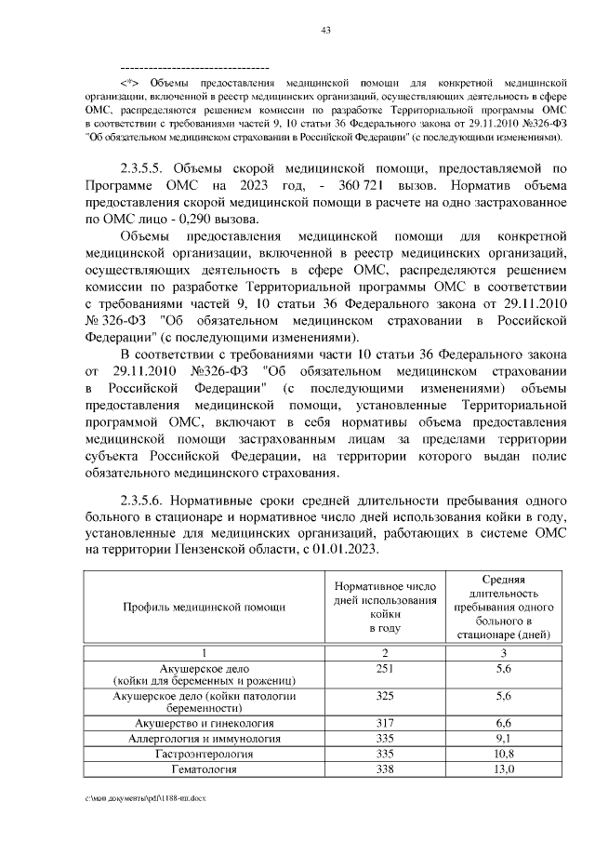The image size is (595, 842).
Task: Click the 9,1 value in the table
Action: point(505,738)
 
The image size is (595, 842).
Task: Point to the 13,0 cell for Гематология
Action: point(505,769)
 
